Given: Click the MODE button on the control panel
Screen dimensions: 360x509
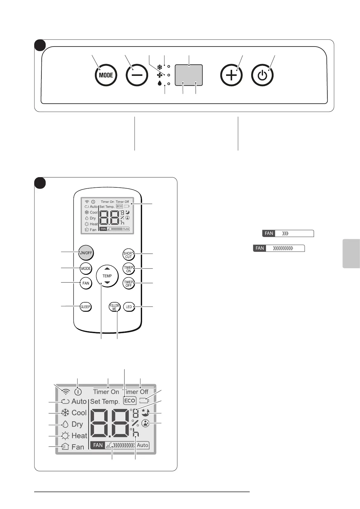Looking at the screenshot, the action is coord(106,75).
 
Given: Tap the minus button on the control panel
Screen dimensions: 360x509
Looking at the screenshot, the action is coord(137,75).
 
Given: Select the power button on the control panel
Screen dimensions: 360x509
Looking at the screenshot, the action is coord(262,75).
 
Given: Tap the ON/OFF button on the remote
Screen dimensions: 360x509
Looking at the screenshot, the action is coord(86,253).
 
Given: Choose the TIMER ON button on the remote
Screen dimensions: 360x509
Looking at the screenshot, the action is coord(128,269).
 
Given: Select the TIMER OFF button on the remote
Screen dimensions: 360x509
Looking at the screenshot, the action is coord(128,284).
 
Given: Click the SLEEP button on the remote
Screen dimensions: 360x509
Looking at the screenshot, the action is coord(86,307).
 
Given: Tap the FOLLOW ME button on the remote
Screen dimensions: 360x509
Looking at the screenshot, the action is coord(114,307).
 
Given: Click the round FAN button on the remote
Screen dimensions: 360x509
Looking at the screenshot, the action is coord(86,283).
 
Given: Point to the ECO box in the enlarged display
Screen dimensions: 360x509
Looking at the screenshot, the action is coord(130,400).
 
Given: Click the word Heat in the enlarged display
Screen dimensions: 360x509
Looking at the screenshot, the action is coord(79,436).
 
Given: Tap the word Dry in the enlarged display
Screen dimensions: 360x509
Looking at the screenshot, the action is coord(77,424).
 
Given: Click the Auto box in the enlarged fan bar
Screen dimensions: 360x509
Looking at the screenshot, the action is coord(142,445).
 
